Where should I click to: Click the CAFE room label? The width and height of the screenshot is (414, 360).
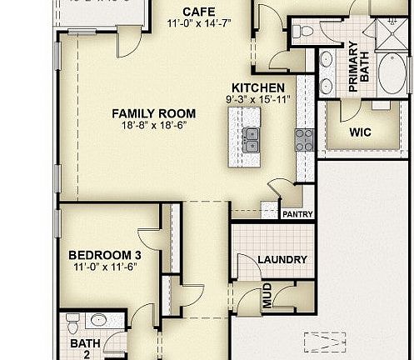coord(198,12)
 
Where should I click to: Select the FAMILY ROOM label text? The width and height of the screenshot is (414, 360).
coord(154,113)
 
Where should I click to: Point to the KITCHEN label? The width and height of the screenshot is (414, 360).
coord(258,87)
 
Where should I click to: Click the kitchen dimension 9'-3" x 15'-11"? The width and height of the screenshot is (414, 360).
coord(258,99)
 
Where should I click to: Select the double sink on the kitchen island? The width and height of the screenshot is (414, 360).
coord(251,140)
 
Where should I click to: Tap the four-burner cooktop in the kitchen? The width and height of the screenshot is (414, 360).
coord(302,139)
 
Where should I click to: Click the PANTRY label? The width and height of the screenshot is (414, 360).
coord(297,214)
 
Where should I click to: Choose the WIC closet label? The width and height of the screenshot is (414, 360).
coord(361,131)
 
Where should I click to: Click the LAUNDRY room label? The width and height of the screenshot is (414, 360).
coord(282,259)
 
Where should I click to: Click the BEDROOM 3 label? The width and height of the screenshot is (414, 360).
coord(102,255)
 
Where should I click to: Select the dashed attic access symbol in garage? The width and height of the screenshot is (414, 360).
coord(325,342)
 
